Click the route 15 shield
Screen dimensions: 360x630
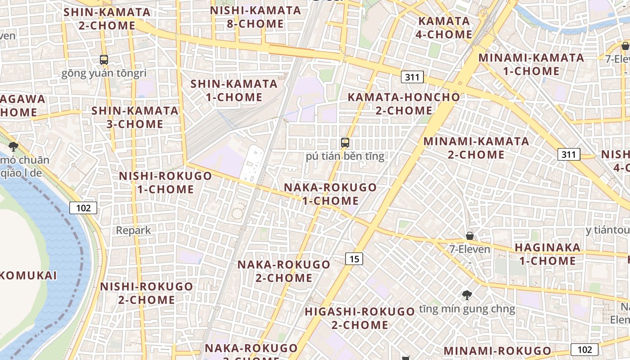(354, 258)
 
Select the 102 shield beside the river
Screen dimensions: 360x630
(83, 207)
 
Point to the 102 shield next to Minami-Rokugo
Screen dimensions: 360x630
(585, 350)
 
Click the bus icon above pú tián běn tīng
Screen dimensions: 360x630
(345, 143)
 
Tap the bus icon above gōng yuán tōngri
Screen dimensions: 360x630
(104, 59)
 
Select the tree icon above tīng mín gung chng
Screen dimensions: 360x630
(467, 295)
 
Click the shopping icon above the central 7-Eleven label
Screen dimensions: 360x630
(470, 236)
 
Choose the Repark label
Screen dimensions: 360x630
(134, 230)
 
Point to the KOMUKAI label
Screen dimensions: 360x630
(28, 275)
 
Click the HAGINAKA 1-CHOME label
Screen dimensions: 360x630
(547, 254)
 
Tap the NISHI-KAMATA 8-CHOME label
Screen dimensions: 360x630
(255, 17)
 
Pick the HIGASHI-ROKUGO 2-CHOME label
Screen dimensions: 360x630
(360, 318)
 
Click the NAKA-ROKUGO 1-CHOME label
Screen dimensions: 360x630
(330, 194)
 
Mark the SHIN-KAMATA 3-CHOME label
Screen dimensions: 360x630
(135, 117)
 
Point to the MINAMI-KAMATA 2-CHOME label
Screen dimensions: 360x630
(476, 148)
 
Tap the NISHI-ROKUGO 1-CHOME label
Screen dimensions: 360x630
(165, 182)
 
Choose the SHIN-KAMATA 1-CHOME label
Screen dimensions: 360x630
(234, 90)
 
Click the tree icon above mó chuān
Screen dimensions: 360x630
(13, 146)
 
